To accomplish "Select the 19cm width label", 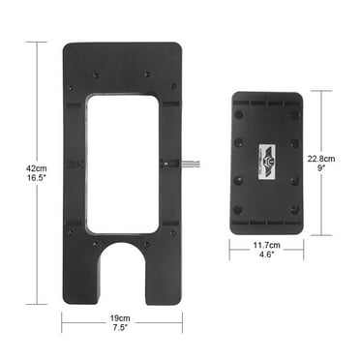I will coord(122,317).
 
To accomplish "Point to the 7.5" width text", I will coord(122,328).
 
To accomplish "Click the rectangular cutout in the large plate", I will coord(122,162).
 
